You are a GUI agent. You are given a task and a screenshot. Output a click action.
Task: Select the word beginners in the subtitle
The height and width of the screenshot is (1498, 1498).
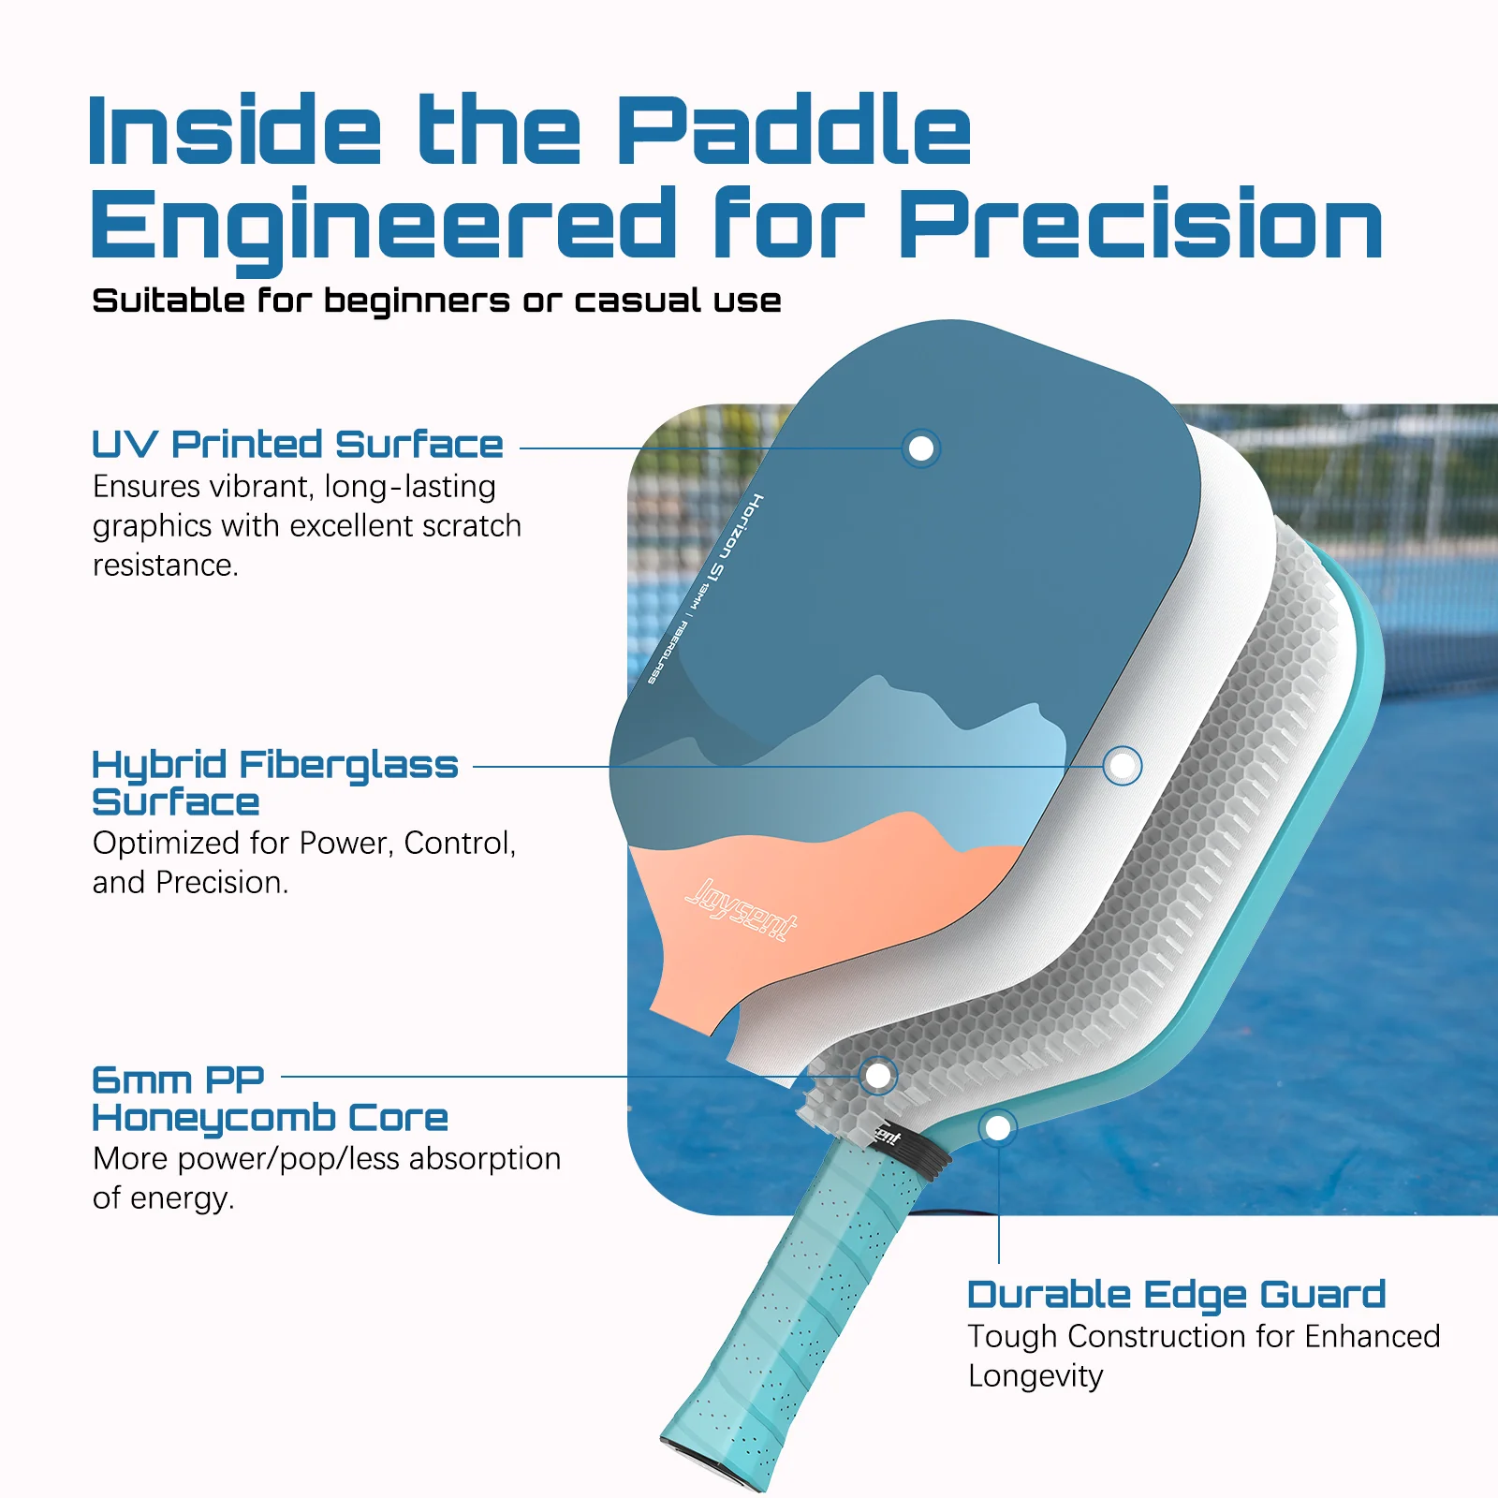[417, 301]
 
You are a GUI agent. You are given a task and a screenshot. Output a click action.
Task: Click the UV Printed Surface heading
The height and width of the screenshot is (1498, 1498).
[298, 445]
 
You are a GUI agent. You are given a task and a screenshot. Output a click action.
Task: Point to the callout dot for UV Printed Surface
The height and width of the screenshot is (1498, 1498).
[921, 448]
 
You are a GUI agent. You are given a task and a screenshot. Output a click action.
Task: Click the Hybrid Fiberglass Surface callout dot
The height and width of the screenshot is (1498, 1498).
[1122, 766]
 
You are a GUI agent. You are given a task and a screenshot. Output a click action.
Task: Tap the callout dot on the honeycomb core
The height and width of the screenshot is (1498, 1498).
[878, 1076]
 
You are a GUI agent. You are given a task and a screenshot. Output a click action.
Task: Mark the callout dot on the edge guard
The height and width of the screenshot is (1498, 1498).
[998, 1127]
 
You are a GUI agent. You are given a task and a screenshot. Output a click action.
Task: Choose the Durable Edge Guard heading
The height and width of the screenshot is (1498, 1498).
[1176, 1295]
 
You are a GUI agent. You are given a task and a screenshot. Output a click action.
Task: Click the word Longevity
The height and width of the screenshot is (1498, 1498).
[1035, 1376]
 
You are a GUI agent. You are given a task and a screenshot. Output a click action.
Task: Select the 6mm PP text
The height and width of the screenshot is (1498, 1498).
[178, 1079]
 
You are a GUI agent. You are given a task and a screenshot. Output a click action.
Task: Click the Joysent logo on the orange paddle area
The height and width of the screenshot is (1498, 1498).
[741, 908]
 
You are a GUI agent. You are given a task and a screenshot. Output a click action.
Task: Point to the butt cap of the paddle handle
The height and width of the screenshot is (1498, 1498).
[710, 1471]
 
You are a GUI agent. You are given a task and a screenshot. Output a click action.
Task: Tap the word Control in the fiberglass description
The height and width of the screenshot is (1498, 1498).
[459, 844]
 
